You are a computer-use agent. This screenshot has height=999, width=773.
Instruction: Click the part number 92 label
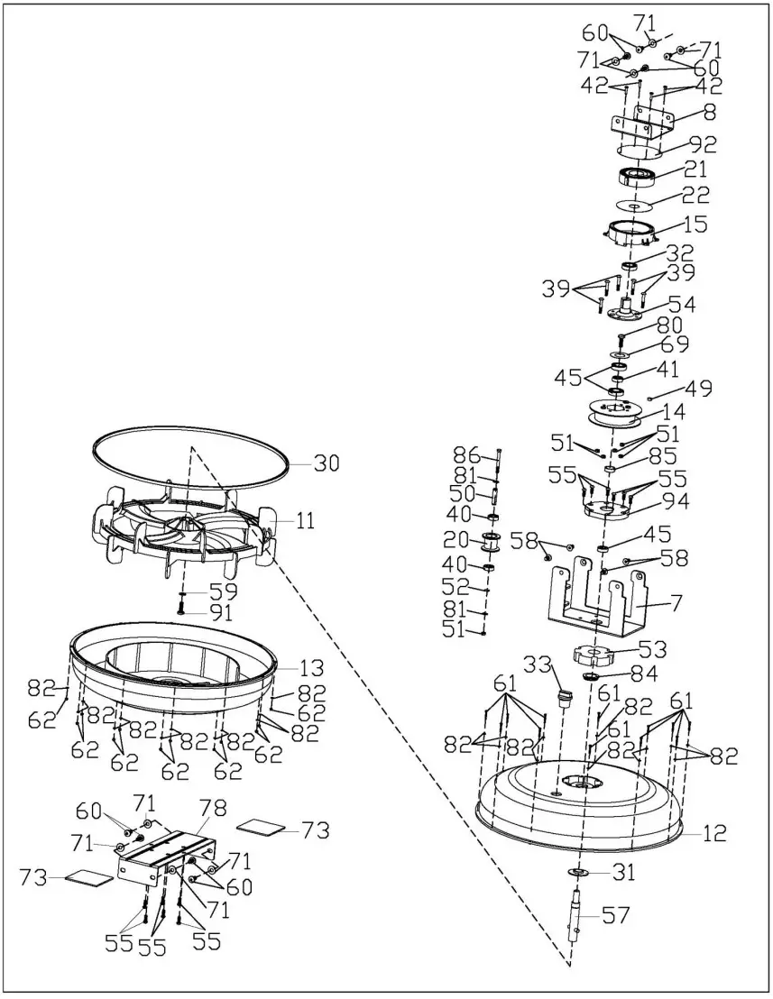[x=703, y=143]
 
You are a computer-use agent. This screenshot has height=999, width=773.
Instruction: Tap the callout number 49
[x=699, y=389]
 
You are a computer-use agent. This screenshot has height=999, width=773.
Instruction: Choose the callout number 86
[x=466, y=453]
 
